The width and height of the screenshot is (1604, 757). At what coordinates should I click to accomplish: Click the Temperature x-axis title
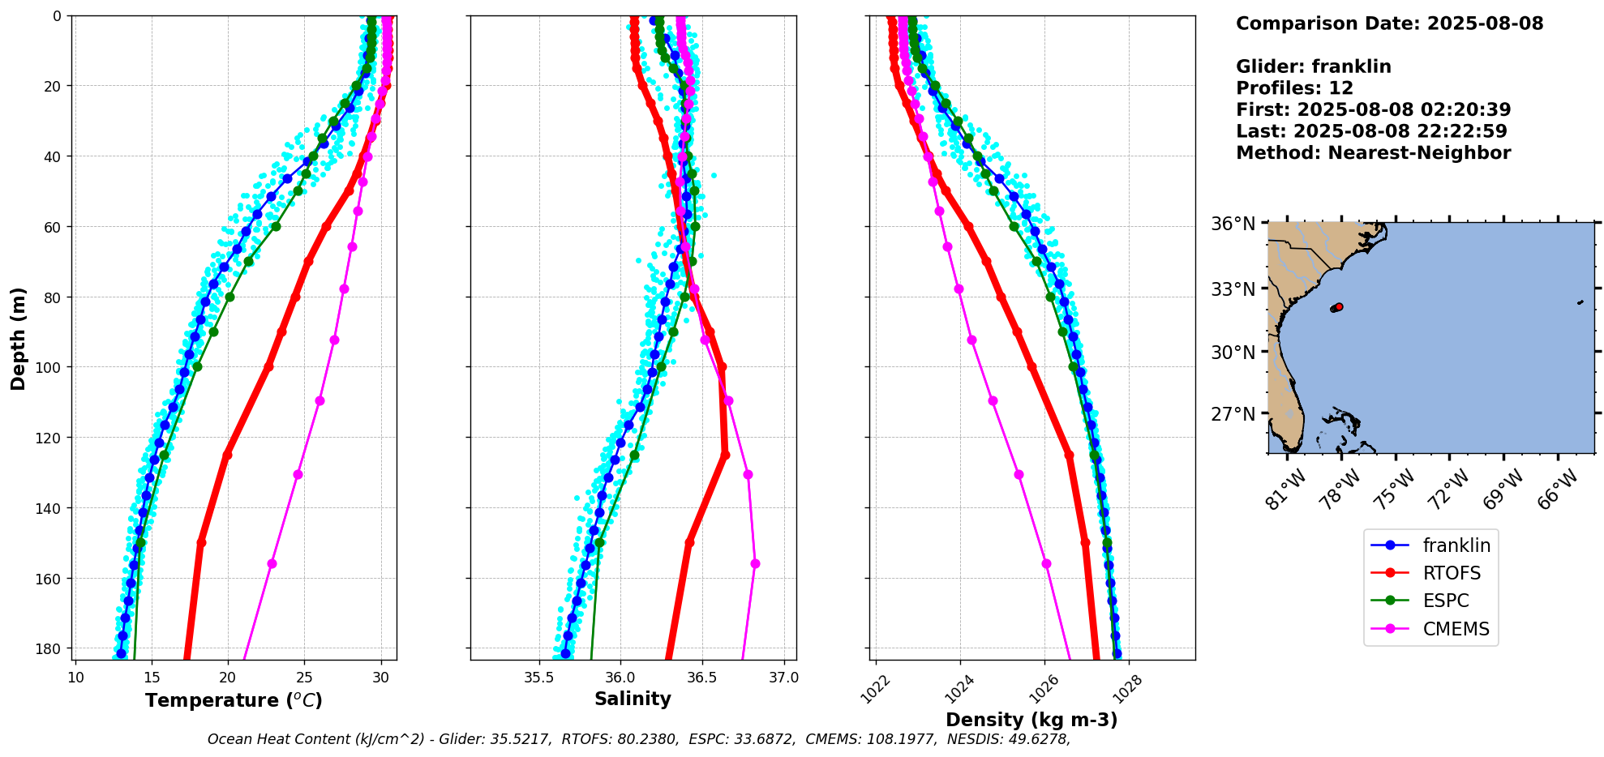coord(234,700)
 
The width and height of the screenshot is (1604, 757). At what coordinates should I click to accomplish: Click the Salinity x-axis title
coord(633,699)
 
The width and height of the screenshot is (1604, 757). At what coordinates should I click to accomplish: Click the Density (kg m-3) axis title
coord(1031,720)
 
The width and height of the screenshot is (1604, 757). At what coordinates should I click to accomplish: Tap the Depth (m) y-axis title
coord(19,338)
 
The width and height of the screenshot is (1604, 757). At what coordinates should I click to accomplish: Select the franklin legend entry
coord(1456,545)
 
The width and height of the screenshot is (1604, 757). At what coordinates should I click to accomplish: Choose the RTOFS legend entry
coord(1452,573)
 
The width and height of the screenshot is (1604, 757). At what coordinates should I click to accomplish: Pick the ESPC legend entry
coord(1446,601)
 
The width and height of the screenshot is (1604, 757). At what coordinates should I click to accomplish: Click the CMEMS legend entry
coord(1456,629)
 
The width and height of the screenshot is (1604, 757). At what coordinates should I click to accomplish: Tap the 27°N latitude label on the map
coord(1233,415)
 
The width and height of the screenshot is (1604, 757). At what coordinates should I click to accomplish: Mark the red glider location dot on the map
coord(1338,307)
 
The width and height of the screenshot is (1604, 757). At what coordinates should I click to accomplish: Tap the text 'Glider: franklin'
coord(1313,67)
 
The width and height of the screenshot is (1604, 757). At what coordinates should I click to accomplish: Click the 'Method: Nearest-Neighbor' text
coord(1373,153)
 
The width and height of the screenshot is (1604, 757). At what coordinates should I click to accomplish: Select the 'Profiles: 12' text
coord(1294,88)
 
